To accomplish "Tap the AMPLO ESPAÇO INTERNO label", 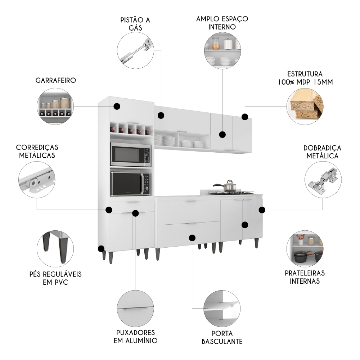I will [x=222, y=22].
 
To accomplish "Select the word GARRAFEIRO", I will [x=55, y=80].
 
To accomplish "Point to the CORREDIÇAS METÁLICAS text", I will [x=37, y=151].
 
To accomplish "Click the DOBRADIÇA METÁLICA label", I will [x=322, y=152].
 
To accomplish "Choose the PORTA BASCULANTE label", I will [x=222, y=337].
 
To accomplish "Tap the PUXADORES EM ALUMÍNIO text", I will [x=135, y=336].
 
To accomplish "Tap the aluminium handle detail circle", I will [x=135, y=309].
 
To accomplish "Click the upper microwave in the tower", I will [x=130, y=155].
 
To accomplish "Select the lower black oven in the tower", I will [x=130, y=184].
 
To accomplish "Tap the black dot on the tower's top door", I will [x=117, y=106].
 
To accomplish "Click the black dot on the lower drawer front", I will [x=192, y=238].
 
